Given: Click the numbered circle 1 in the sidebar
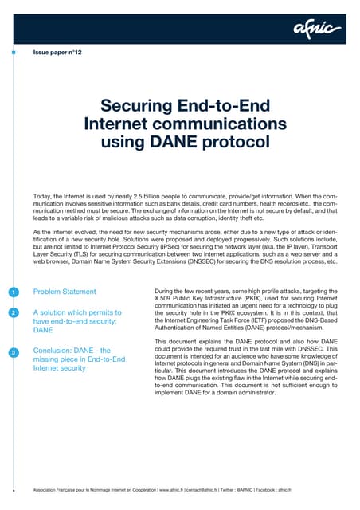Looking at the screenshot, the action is (x=14, y=292).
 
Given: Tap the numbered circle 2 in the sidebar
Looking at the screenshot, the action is (x=14, y=313).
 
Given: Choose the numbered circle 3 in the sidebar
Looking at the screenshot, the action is (x=14, y=352).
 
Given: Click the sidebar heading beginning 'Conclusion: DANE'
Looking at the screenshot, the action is (x=78, y=359).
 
